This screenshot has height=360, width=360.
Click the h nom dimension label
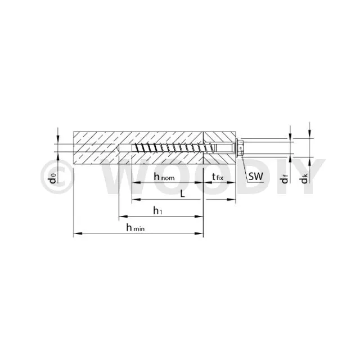(x=164, y=177)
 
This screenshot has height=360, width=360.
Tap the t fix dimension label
(x=218, y=177)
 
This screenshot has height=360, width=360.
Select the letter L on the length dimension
(x=182, y=194)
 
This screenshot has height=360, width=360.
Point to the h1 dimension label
(x=157, y=210)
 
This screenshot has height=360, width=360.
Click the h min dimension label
(x=136, y=227)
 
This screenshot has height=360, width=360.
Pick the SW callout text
(x=255, y=176)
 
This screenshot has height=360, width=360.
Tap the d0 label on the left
(x=53, y=178)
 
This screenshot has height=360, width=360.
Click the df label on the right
(x=285, y=179)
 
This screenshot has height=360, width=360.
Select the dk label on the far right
(x=304, y=179)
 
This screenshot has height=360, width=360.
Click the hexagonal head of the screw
(x=241, y=148)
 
